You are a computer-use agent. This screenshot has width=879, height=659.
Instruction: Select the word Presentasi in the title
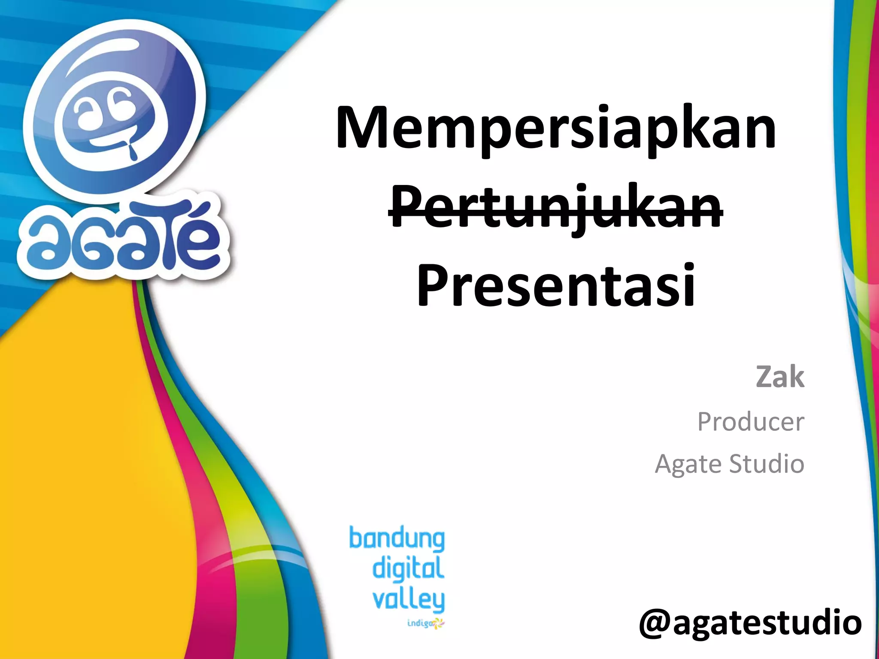556,285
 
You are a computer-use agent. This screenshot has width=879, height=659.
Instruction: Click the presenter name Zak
780,377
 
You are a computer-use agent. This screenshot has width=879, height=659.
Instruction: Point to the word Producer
750,422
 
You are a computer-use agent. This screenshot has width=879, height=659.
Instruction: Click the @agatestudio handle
750,623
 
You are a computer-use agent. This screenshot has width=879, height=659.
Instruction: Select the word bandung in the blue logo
397,539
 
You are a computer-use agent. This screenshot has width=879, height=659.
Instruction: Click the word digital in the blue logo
408,568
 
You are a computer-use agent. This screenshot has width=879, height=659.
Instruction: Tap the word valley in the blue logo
408,600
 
